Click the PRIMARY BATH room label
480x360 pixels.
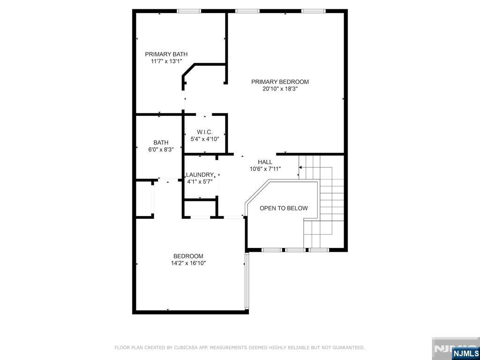click(x=166, y=54)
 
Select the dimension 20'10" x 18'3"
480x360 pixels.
click(x=280, y=89)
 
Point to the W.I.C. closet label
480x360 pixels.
click(x=204, y=132)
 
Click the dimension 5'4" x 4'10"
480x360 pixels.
click(x=205, y=139)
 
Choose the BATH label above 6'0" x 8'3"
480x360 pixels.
click(x=161, y=142)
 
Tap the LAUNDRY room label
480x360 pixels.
click(x=200, y=174)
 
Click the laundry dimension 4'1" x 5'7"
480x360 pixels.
click(x=200, y=181)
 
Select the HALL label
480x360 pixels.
click(x=265, y=162)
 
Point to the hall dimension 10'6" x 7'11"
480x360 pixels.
click(x=265, y=169)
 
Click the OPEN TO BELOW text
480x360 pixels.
click(x=284, y=208)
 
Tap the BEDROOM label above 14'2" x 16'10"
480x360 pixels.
click(x=188, y=256)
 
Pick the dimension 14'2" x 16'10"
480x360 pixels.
click(x=188, y=263)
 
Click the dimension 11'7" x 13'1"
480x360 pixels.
click(x=166, y=61)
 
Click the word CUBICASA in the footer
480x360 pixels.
click(x=183, y=347)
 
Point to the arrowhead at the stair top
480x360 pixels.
click(x=300, y=167)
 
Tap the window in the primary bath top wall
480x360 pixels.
click(x=189, y=11)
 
